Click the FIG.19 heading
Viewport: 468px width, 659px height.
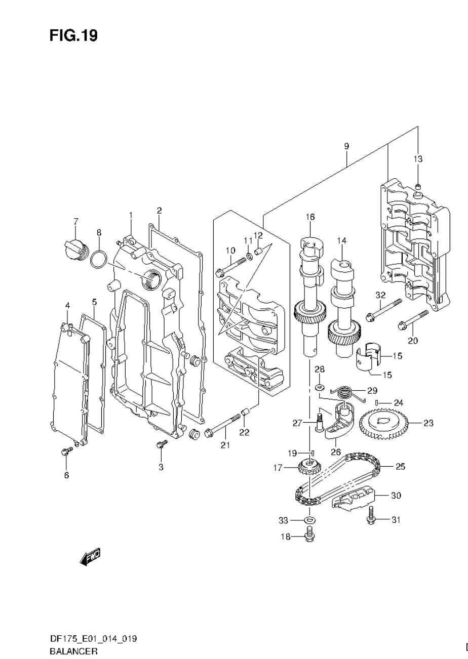click(73, 35)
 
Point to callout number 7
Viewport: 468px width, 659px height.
click(76, 221)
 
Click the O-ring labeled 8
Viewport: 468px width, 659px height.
click(99, 261)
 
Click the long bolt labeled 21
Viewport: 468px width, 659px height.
click(223, 426)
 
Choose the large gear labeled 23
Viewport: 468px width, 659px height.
click(383, 422)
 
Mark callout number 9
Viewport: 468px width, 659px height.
click(346, 146)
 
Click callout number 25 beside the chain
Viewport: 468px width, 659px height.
click(400, 467)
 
